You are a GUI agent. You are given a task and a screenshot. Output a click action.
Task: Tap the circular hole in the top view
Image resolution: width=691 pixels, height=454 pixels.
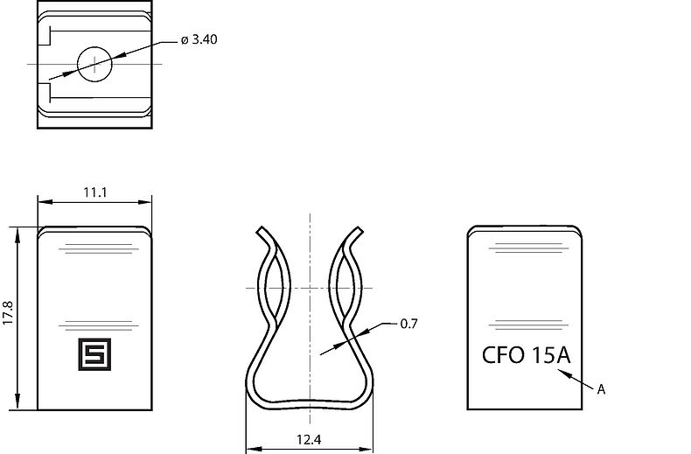pyautogui.click(x=94, y=64)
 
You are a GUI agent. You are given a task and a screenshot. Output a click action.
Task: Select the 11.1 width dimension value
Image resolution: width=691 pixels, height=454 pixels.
pyautogui.click(x=95, y=192)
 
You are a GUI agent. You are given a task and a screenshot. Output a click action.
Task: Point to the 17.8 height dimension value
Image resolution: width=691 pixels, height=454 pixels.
pyautogui.click(x=8, y=313)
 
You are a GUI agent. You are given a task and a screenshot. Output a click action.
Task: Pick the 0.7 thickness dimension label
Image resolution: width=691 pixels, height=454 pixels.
pyautogui.click(x=408, y=324)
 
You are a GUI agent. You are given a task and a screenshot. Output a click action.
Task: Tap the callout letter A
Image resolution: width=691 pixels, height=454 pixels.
pyautogui.click(x=601, y=390)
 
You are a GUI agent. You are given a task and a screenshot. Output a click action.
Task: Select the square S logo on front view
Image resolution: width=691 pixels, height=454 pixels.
pyautogui.click(x=91, y=350)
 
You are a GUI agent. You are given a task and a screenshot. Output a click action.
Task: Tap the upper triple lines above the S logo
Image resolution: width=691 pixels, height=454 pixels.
pyautogui.click(x=95, y=251)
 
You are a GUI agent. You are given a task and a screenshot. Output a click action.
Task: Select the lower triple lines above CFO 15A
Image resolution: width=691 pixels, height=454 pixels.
pyautogui.click(x=525, y=325)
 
